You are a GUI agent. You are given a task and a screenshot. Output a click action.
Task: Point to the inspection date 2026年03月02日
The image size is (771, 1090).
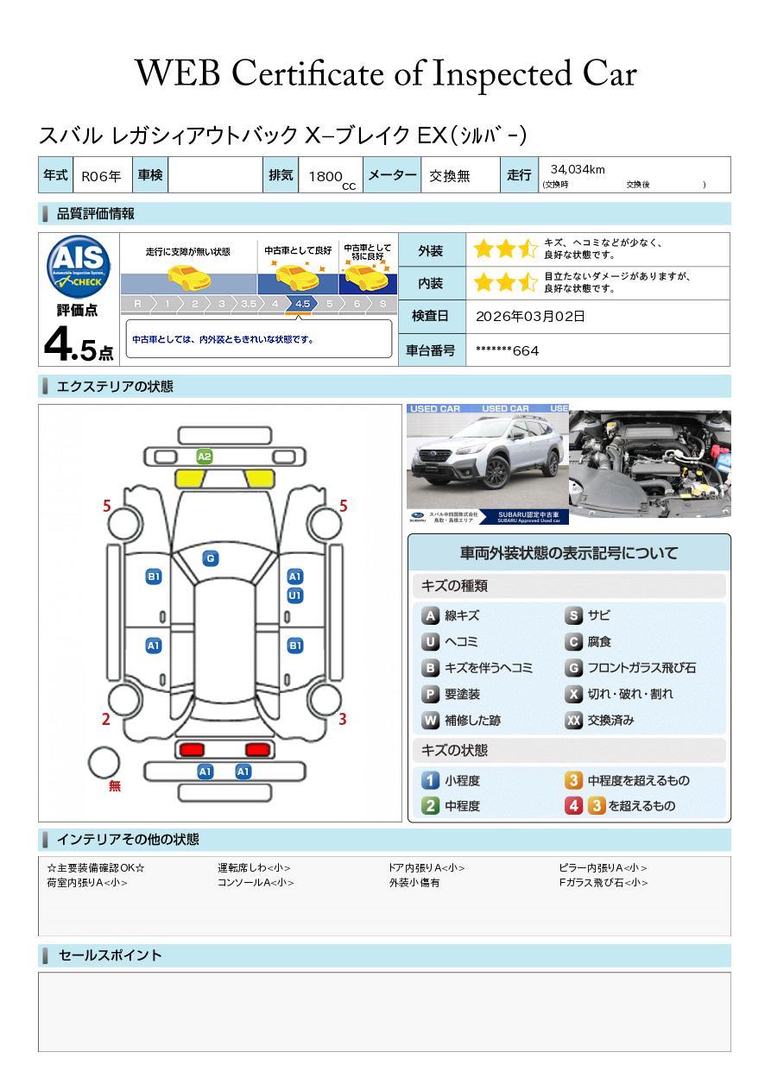tap(530, 316)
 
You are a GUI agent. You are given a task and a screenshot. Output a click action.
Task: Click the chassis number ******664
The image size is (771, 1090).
tap(507, 350)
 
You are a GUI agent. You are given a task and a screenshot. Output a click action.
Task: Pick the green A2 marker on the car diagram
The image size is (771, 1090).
tap(204, 456)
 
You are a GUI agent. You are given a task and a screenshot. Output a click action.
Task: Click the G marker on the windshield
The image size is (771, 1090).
tap(210, 558)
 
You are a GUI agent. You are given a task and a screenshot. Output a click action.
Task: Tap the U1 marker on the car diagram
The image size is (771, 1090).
tap(294, 595)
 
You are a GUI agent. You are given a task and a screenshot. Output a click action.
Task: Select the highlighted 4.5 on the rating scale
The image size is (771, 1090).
tap(302, 304)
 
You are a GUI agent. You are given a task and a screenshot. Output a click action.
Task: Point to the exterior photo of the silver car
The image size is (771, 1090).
tap(487, 463)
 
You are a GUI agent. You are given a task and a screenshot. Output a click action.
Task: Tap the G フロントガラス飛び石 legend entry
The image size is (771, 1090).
tap(630, 668)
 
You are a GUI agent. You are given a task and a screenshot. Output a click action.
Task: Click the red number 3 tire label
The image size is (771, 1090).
tap(342, 719)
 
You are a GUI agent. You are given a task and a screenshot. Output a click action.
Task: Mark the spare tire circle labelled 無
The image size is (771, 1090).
tap(104, 763)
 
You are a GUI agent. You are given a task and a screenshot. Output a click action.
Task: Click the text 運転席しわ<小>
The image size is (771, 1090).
tap(254, 868)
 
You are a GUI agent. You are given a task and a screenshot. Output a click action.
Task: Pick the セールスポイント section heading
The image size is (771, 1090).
tap(110, 955)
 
